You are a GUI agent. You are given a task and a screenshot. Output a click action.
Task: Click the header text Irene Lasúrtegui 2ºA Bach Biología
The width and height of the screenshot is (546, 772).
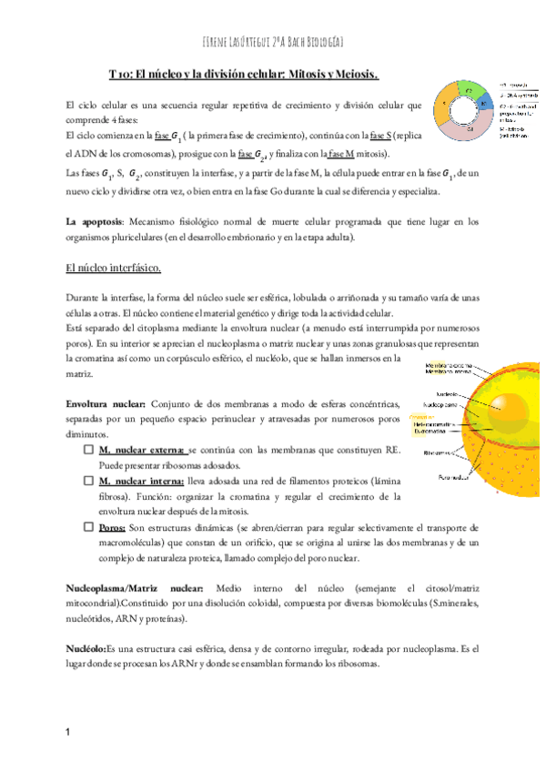coord(273,43)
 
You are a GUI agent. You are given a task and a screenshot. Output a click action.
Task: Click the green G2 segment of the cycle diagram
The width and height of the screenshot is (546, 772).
coord(469,90)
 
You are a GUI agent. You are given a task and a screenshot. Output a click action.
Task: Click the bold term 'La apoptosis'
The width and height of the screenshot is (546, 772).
coord(96,221)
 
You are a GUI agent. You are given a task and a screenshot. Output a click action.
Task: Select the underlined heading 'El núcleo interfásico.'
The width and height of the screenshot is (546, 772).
coord(114,268)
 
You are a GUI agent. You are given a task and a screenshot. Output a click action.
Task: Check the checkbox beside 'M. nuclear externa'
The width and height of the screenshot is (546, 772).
coord(87,450)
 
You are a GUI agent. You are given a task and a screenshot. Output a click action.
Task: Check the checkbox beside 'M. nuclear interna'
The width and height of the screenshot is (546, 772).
coord(87,481)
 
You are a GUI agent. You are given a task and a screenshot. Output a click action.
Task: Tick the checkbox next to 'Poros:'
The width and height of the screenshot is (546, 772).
coord(87,527)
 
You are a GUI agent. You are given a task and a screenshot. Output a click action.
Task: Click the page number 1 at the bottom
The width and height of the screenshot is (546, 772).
coord(69,732)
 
